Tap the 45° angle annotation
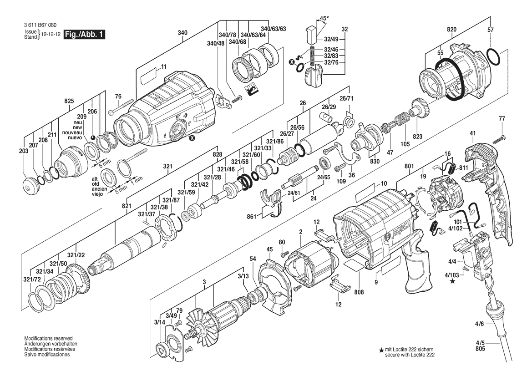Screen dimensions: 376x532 (x=324, y=19)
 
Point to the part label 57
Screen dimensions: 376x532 (x=491, y=29)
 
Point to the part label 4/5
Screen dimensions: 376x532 (x=480, y=343)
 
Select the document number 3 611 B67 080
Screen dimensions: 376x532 (x=39, y=25)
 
